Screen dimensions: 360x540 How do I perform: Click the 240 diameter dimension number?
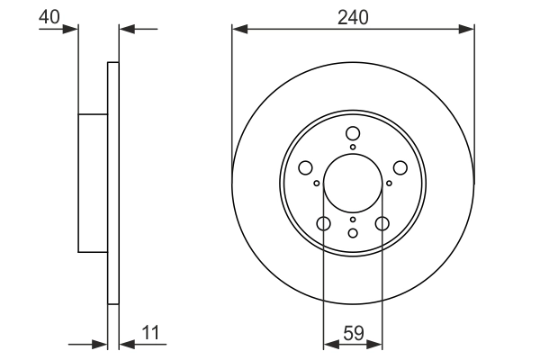pyautogui.click(x=353, y=15)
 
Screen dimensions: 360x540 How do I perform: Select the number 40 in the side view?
pyautogui.click(x=50, y=15)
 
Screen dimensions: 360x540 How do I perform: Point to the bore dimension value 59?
pyautogui.click(x=353, y=333)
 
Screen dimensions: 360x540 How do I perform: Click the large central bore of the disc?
pyautogui.click(x=353, y=183)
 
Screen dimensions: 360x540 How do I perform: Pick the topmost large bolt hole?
pyautogui.click(x=353, y=134)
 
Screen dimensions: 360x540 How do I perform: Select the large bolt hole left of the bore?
pyautogui.click(x=305, y=168)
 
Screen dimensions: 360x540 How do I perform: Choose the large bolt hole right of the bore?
pyautogui.click(x=400, y=168)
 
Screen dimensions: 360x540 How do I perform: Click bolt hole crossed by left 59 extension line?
pyautogui.click(x=323, y=224)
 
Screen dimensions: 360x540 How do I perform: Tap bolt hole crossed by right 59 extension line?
pyautogui.click(x=382, y=224)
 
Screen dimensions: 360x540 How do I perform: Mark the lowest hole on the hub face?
pyautogui.click(x=353, y=233)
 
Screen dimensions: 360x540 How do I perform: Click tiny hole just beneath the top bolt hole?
pyautogui.click(x=353, y=148)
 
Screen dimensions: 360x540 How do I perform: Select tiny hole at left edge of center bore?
pyautogui.click(x=317, y=183)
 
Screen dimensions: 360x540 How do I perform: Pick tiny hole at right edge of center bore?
pyautogui.click(x=389, y=183)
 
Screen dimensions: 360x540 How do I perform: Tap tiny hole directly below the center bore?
pyautogui.click(x=353, y=220)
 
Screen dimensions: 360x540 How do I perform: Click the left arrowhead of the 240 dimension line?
pyautogui.click(x=238, y=30)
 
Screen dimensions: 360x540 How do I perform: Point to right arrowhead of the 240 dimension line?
pyautogui.click(x=468, y=30)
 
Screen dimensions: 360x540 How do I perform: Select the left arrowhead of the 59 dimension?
pyautogui.click(x=328, y=343)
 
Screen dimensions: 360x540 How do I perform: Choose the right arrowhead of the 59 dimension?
pyautogui.click(x=377, y=343)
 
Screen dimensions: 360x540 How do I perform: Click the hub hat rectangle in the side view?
pyautogui.click(x=94, y=183)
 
